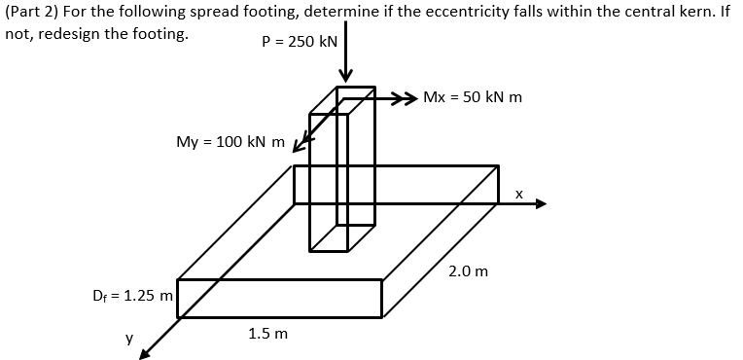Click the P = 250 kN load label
coord(300,43)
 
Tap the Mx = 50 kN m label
coord(473,97)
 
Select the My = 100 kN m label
coord(230,142)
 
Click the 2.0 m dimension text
coord(468,270)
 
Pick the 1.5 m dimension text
coord(267,334)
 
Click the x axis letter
coord(519,194)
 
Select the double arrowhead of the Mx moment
coord(407,97)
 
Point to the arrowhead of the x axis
coord(540,204)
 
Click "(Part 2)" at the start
coord(29,12)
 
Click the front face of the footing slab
coord(279,298)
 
